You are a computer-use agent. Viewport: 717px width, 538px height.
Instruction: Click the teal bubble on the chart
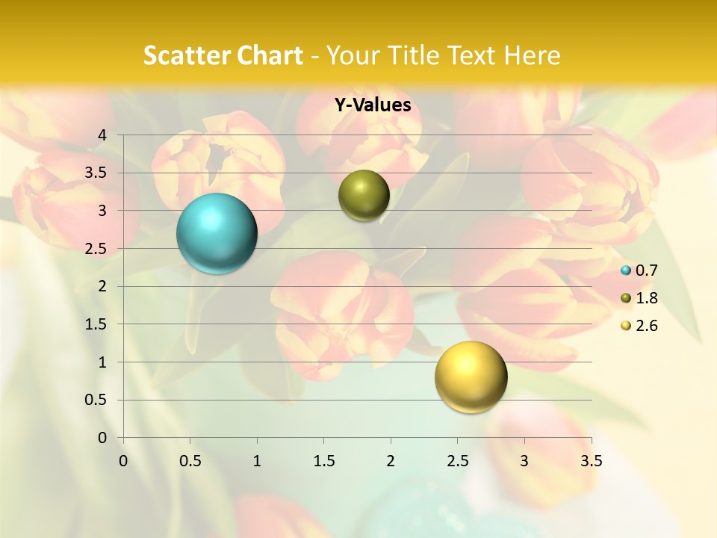217,233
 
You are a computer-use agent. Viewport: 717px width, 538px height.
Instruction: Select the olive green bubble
364,196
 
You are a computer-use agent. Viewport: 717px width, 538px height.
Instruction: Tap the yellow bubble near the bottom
471,377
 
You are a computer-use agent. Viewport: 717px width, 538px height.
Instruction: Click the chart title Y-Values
373,105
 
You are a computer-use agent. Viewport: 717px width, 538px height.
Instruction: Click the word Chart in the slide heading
269,55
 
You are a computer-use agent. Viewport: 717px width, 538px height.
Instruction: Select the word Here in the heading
532,55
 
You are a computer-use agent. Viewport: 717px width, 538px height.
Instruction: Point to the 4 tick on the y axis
102,135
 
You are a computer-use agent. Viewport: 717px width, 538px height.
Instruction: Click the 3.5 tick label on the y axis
96,173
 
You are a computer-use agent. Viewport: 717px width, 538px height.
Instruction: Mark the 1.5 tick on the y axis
96,324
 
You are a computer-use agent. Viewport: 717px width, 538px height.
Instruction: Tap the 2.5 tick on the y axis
96,249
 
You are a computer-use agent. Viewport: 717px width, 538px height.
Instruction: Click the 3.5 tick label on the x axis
591,461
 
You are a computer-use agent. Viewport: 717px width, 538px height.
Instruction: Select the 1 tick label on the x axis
257,461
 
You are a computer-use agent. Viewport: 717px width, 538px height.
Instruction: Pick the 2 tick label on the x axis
391,461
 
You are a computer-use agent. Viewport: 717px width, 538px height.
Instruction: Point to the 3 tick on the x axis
524,461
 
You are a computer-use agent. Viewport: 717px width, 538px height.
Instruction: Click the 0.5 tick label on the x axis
190,461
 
